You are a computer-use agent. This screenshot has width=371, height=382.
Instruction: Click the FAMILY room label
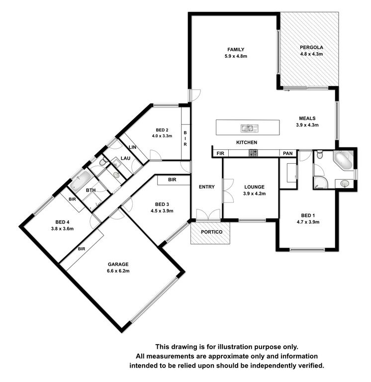pos(236,49)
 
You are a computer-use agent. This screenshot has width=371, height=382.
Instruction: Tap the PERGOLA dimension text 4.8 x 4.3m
pos(311,54)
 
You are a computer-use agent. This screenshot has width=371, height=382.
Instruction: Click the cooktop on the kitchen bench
pos(253,153)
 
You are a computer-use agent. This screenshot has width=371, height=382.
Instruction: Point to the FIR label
pos(220,154)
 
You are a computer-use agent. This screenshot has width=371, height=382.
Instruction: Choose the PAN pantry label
pos(287,154)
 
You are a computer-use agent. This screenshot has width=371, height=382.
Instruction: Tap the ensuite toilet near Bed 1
pos(319,154)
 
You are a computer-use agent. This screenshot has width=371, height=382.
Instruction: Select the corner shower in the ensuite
pos(320,183)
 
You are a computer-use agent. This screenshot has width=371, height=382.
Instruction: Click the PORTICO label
pos(211,232)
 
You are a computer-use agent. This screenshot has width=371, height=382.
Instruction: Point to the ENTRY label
pos(206,187)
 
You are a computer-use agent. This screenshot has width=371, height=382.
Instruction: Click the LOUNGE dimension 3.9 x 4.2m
pos(254,193)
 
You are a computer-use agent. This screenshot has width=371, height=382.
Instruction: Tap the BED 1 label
pos(308,215)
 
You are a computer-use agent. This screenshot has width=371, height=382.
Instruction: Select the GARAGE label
pos(118,264)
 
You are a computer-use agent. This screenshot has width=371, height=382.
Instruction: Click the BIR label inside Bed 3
pos(172,180)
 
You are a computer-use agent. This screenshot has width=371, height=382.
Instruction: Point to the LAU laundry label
pos(125,158)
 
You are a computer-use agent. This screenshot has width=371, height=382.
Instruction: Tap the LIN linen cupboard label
pos(132,147)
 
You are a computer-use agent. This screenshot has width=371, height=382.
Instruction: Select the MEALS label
pos(307,118)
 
